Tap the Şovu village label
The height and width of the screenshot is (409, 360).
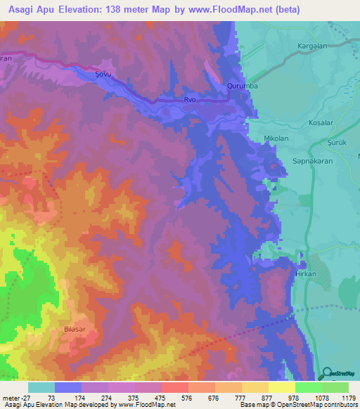(x=104, y=71)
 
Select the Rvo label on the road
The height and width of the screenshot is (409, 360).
(x=190, y=100)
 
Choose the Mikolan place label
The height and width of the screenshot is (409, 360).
(x=276, y=138)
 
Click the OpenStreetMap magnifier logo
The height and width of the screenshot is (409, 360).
(x=327, y=374)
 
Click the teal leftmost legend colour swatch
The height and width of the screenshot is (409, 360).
(x=41, y=387)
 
